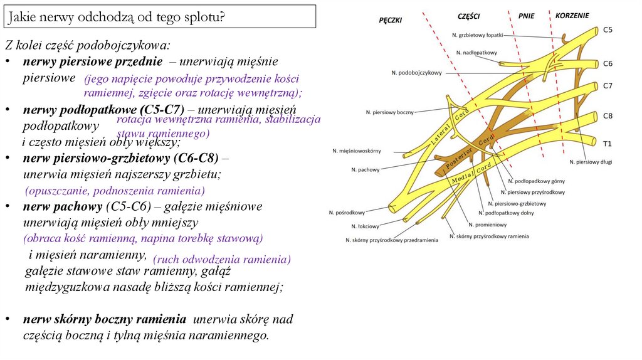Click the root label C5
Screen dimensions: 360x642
608,29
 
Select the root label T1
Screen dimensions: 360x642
607,144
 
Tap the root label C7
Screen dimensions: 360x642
608,85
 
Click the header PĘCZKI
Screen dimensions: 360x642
391,20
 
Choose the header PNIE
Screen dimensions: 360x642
527,16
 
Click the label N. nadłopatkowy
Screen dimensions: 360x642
476,53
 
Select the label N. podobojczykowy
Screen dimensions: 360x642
416,73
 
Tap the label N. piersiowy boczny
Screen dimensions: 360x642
390,112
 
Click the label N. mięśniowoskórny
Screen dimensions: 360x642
361,151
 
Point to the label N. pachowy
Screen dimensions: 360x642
366,169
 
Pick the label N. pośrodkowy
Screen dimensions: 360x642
347,212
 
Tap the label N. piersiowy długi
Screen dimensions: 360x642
591,162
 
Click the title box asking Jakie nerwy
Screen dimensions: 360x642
160,17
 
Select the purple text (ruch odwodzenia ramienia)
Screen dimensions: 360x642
221,260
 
